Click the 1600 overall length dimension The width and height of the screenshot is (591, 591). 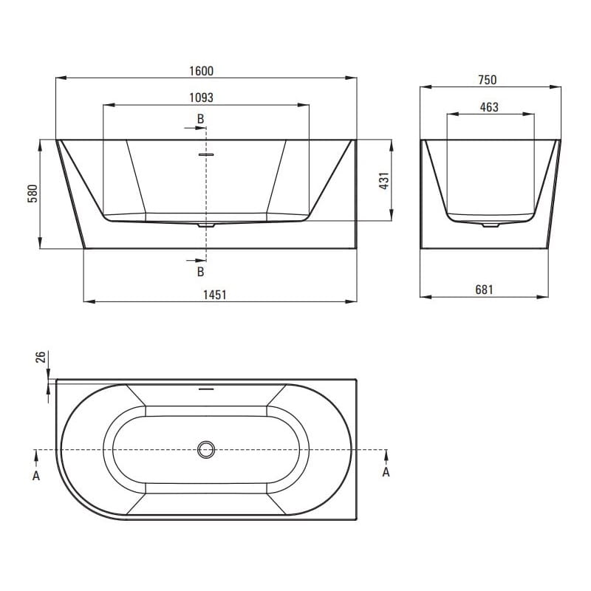(201, 71)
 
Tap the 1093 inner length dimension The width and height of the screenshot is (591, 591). (201, 98)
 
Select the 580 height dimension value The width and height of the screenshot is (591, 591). (33, 194)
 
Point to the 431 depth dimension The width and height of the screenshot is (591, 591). (384, 181)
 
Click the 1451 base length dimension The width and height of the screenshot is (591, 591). (215, 295)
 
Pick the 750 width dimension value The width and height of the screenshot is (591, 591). (488, 80)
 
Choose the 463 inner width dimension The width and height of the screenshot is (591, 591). (489, 107)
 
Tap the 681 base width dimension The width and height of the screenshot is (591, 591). (484, 290)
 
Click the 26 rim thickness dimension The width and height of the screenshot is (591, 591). (41, 357)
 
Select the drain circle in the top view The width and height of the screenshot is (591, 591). (206, 450)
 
